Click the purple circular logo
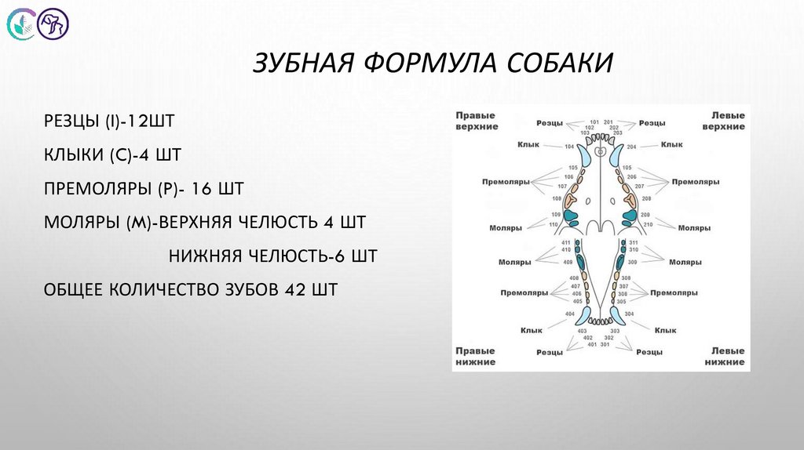[54, 24]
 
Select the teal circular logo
[22, 24]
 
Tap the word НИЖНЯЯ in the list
[206, 256]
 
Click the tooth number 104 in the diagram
[569, 147]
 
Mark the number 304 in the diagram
[630, 314]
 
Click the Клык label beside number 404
[531, 330]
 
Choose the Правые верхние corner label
[477, 121]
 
